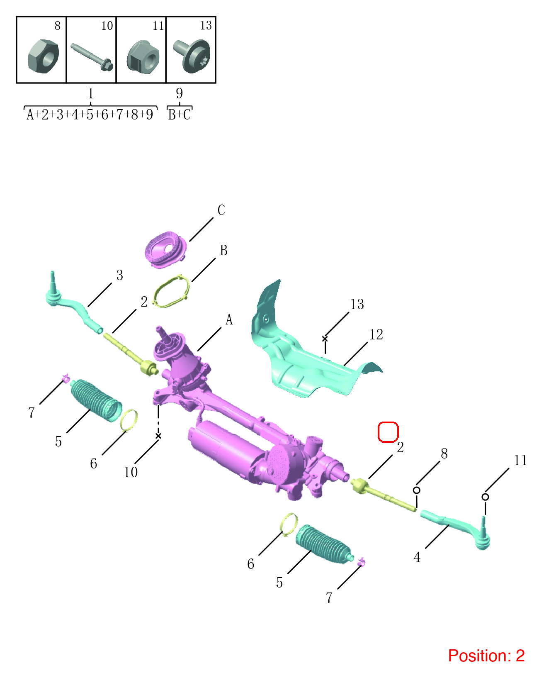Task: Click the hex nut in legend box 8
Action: click(x=43, y=56)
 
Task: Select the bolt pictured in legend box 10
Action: click(x=92, y=57)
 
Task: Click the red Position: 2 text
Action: click(x=486, y=656)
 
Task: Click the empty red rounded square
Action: click(x=388, y=432)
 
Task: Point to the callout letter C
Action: click(x=221, y=210)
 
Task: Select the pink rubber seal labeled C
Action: click(x=165, y=250)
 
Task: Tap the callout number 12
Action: click(x=376, y=334)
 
